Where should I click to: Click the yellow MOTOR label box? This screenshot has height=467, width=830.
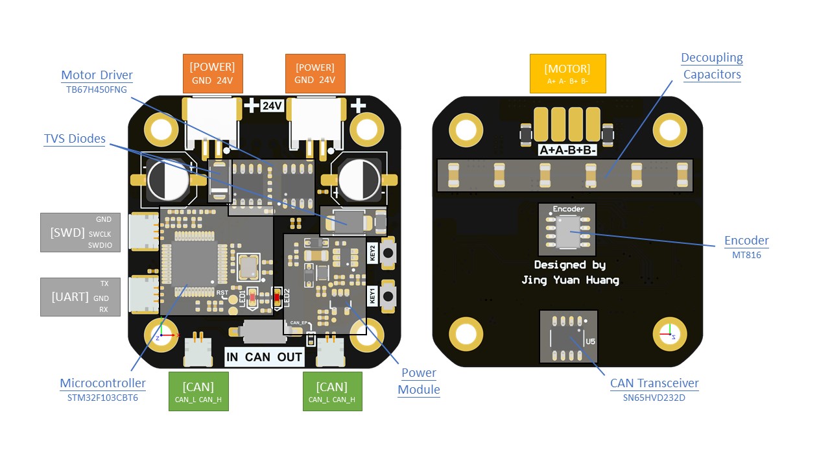click(x=567, y=73)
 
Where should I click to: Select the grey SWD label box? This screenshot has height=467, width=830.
click(x=80, y=232)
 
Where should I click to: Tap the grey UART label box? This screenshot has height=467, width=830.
click(x=80, y=297)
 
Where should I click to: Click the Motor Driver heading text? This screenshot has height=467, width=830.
click(x=97, y=75)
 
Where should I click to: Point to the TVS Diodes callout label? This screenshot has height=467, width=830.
click(x=75, y=139)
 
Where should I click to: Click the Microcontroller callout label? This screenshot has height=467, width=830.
click(x=102, y=383)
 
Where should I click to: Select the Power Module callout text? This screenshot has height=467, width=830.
click(x=418, y=381)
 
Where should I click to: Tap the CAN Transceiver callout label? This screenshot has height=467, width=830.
click(x=654, y=383)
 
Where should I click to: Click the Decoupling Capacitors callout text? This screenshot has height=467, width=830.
click(x=711, y=66)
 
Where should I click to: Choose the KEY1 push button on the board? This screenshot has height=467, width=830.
click(x=388, y=296)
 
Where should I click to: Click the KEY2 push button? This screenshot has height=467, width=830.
click(x=388, y=252)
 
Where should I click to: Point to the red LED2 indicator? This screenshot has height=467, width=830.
click(x=277, y=298)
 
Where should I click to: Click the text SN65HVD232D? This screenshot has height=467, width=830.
click(x=654, y=398)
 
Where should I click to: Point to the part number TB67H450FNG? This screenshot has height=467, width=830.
click(x=97, y=89)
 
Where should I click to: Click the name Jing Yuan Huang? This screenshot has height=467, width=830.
click(x=570, y=280)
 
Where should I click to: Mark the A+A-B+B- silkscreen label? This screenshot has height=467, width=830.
click(x=567, y=150)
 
